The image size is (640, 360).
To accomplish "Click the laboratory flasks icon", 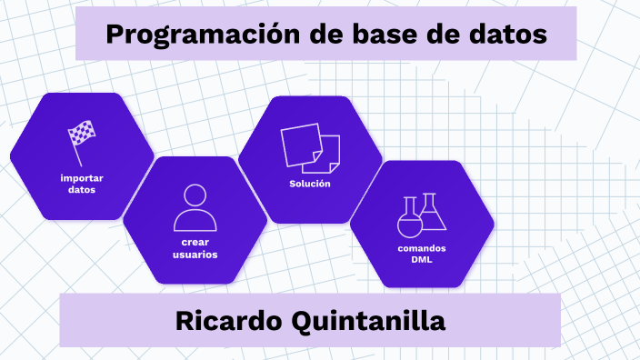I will (x=422, y=216).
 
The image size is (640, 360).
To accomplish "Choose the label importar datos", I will (x=82, y=184).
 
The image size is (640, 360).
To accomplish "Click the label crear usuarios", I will (x=195, y=248).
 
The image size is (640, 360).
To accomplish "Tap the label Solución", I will (x=310, y=184).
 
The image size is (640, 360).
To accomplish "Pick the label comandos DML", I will (x=422, y=254).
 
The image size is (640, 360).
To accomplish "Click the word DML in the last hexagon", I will (x=422, y=260).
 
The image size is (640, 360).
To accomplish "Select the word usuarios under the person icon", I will (x=195, y=255).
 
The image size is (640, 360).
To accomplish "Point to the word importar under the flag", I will (x=82, y=177).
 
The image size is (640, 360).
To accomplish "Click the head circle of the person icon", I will (x=195, y=195).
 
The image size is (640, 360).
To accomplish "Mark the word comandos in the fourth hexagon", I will (x=422, y=248).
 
